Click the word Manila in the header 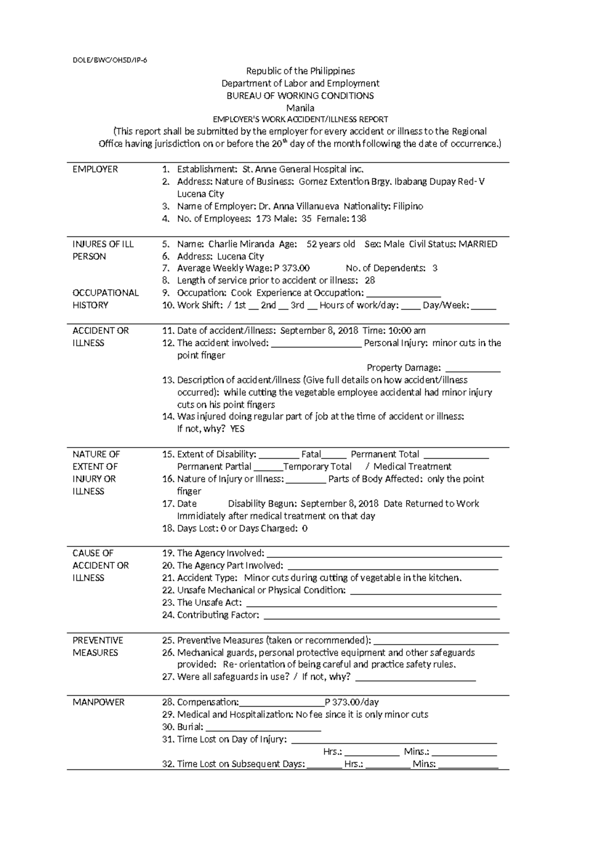coord(300,108)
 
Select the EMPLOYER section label coord(95,169)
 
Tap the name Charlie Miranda coord(241,244)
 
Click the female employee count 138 coord(359,219)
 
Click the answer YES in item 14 coord(237,429)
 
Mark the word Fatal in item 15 coord(311,455)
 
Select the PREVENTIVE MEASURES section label coord(98,646)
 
